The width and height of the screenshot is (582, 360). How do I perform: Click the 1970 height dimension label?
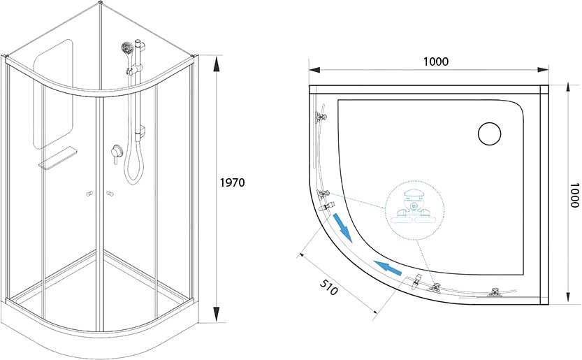click(x=233, y=182)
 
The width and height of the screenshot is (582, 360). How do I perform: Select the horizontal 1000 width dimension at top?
click(x=436, y=62)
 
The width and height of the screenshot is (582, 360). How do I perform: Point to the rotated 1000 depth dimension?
click(x=574, y=195)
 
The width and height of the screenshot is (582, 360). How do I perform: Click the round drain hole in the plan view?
click(x=490, y=134)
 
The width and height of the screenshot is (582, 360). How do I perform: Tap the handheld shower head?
click(x=127, y=48)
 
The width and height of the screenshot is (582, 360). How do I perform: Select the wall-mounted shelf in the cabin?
click(x=58, y=158)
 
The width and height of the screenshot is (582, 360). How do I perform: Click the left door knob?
click(x=89, y=194)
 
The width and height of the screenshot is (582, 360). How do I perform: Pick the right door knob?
click(x=110, y=194)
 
